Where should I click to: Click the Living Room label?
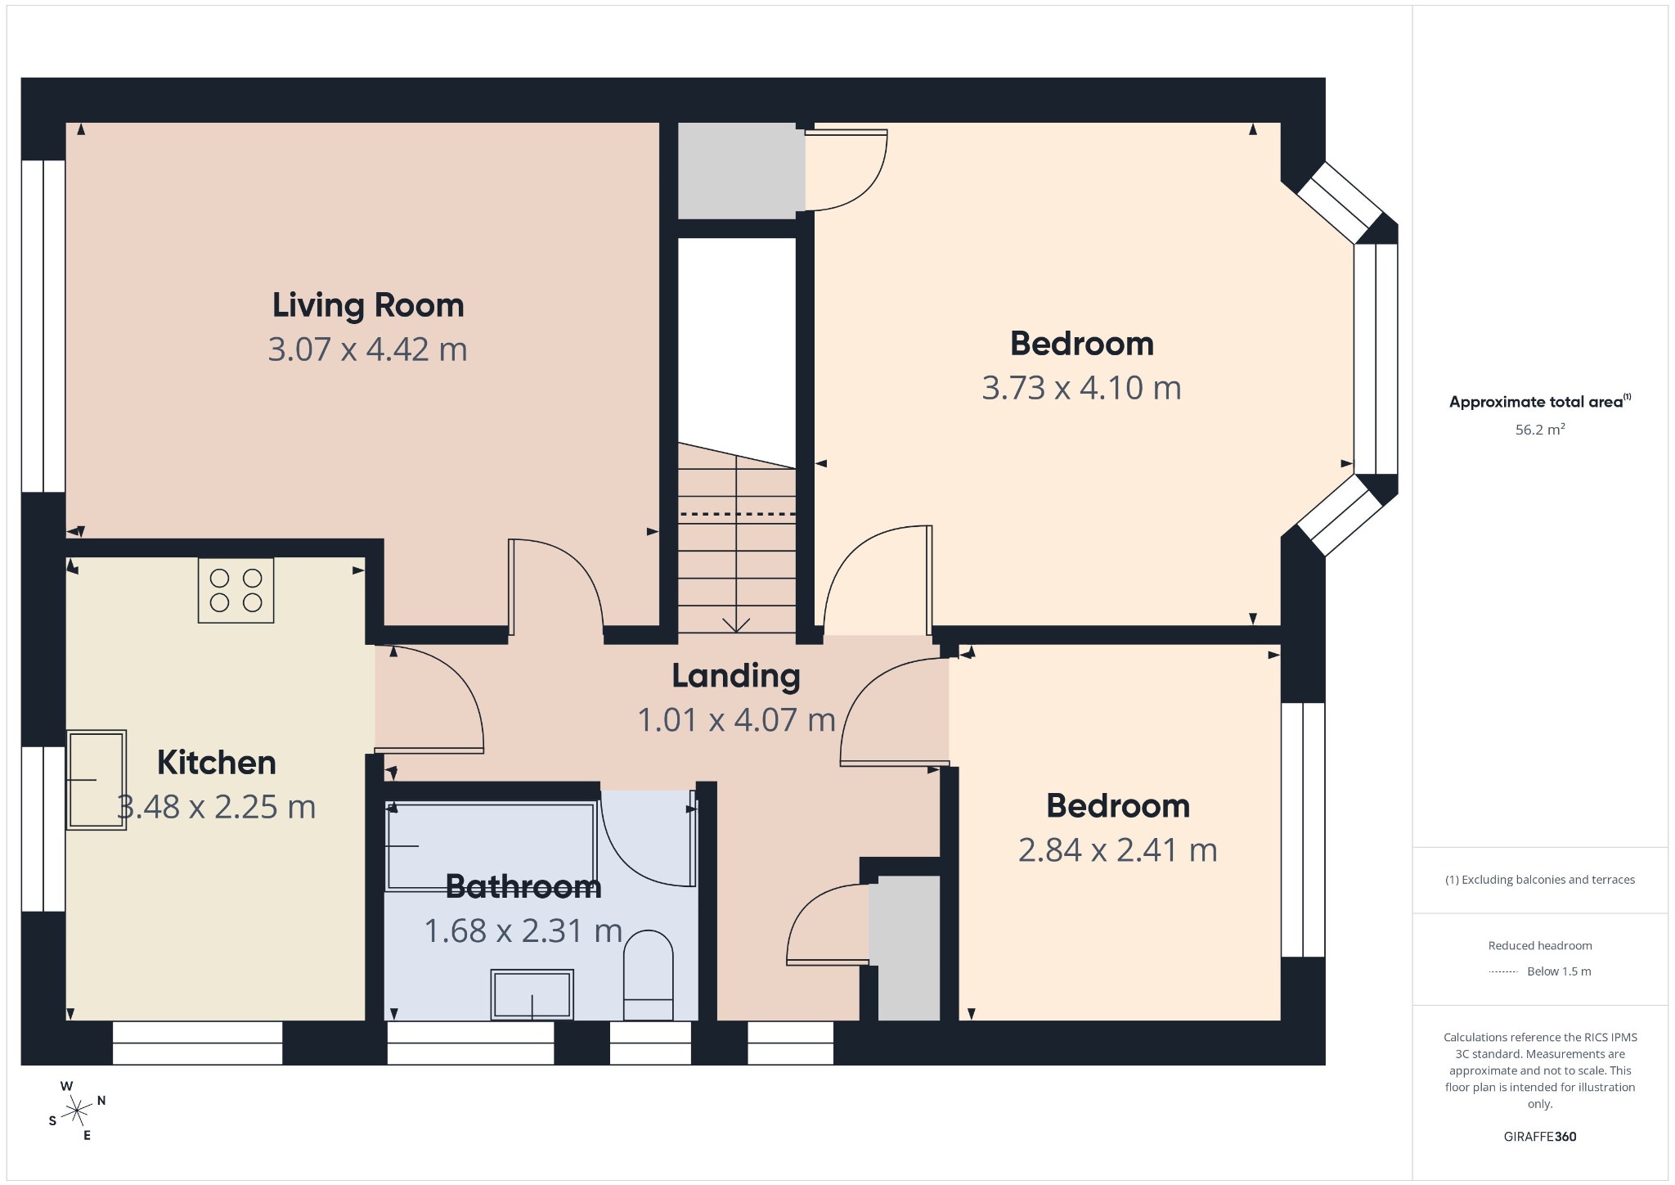(368, 305)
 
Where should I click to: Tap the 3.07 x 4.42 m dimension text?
(368, 349)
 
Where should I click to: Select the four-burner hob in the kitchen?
(236, 590)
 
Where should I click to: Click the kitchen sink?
(97, 780)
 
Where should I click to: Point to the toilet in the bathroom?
(649, 975)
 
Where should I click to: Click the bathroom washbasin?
(532, 994)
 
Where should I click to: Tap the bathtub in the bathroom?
(491, 846)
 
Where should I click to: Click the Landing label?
(736, 676)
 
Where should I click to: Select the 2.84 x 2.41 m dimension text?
(1118, 850)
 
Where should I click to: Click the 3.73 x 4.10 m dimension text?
(1082, 388)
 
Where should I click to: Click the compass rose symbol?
(77, 1111)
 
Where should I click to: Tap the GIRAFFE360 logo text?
(1540, 1137)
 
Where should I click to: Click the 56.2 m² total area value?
(1540, 430)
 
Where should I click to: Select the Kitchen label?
(217, 763)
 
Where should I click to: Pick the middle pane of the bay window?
(1376, 359)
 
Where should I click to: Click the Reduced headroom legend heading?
(1540, 946)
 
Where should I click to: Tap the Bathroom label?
(523, 887)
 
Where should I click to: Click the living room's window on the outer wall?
(43, 326)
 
